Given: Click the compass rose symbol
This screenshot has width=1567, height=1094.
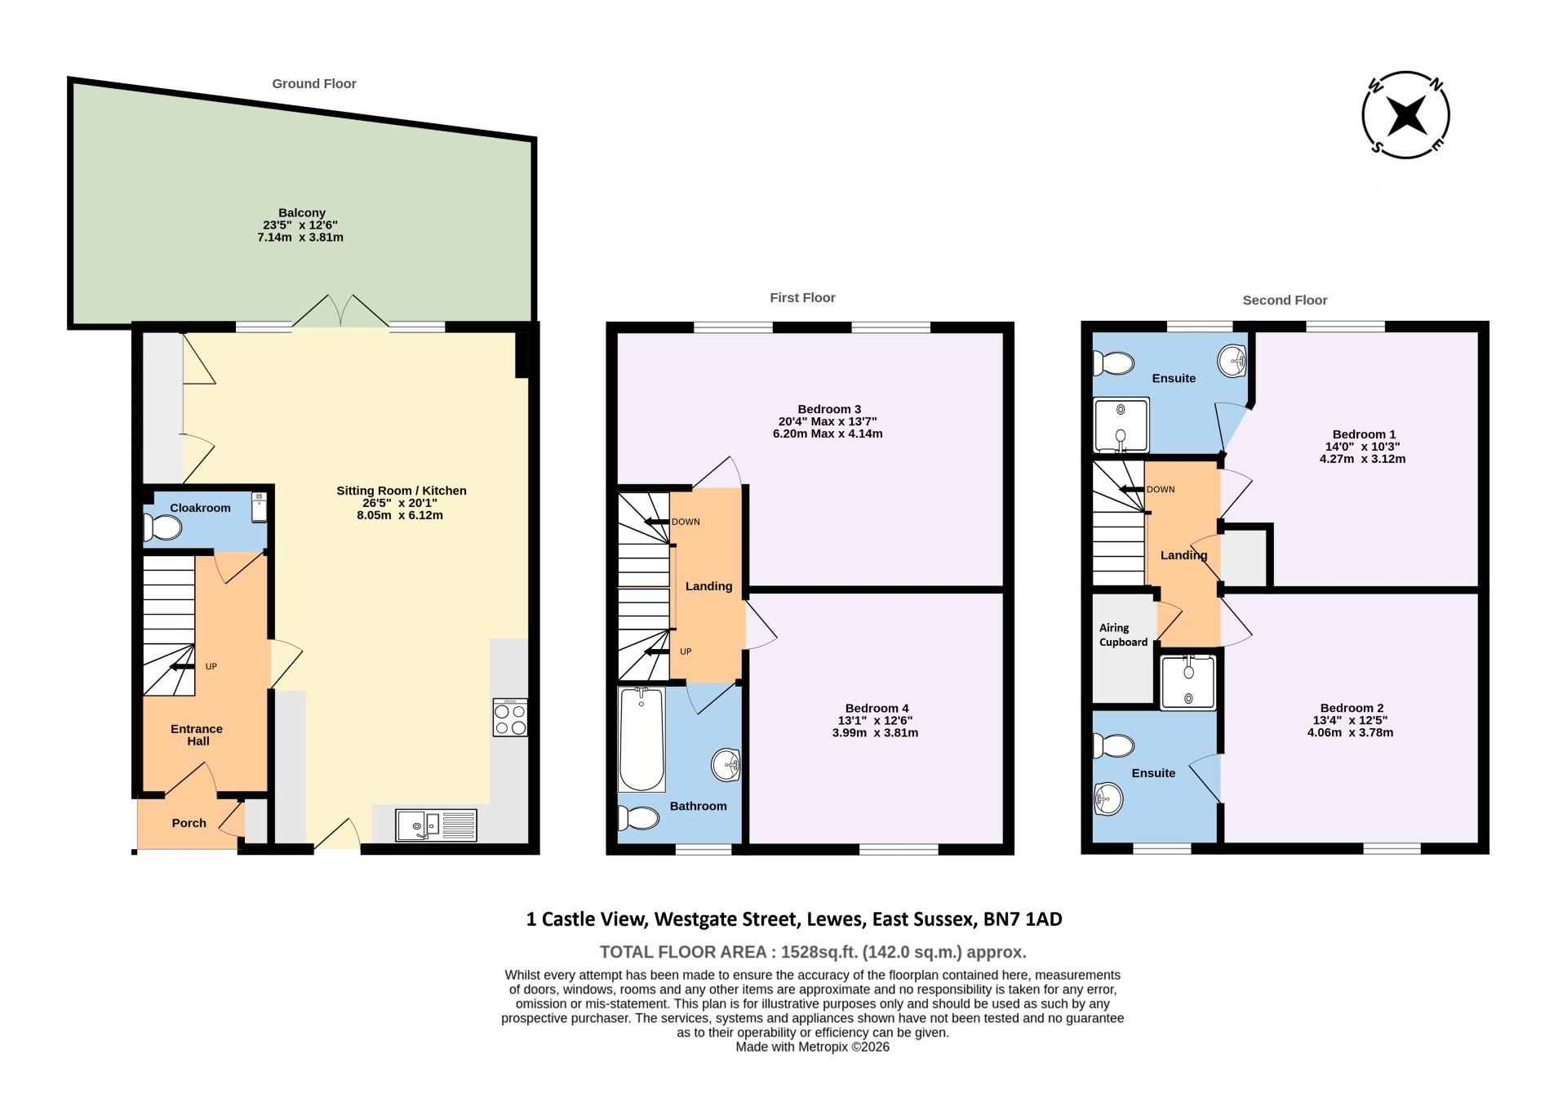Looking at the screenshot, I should (x=1405, y=114).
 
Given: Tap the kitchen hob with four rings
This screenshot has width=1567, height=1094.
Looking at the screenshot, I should (x=510, y=718).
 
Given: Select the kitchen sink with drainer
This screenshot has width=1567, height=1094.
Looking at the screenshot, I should (x=436, y=825).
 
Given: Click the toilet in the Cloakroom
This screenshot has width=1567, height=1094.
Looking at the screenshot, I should (x=162, y=529).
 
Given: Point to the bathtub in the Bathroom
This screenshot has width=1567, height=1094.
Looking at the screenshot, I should (x=641, y=740).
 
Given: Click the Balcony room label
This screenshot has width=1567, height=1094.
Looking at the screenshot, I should (x=301, y=213).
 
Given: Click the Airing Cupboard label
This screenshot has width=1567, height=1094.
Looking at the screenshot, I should (x=1122, y=635).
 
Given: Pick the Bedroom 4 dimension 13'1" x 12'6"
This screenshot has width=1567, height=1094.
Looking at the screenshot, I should (x=876, y=721).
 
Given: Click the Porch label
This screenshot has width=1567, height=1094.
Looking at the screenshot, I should (x=189, y=823).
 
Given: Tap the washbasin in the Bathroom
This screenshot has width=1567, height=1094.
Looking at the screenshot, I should (x=725, y=765).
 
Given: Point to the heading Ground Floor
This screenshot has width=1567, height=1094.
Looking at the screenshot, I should (x=314, y=83).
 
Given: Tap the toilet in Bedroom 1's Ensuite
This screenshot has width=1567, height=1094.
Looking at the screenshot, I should (x=1113, y=362).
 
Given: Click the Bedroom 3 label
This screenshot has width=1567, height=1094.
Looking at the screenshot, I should (x=828, y=409).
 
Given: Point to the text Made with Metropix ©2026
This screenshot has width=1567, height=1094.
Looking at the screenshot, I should (x=812, y=1047).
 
